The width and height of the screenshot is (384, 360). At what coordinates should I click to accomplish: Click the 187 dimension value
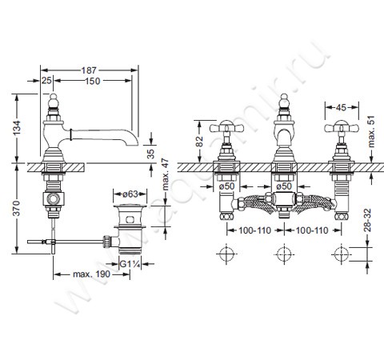[89, 70]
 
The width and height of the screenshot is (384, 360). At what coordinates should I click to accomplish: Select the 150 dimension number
[93, 81]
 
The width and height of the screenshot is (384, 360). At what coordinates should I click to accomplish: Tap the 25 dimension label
[46, 80]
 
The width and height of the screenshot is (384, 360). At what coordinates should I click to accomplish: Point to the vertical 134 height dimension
[17, 128]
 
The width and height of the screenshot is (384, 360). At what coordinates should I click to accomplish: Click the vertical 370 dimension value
[17, 208]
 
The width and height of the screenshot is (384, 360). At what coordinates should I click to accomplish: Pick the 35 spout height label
[151, 154]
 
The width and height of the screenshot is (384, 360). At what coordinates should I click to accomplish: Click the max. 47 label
[166, 174]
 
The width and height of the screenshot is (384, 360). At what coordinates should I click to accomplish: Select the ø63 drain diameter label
[130, 194]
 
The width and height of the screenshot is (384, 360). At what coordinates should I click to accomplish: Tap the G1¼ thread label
[130, 264]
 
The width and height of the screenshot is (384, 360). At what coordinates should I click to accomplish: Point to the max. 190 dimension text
[91, 274]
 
